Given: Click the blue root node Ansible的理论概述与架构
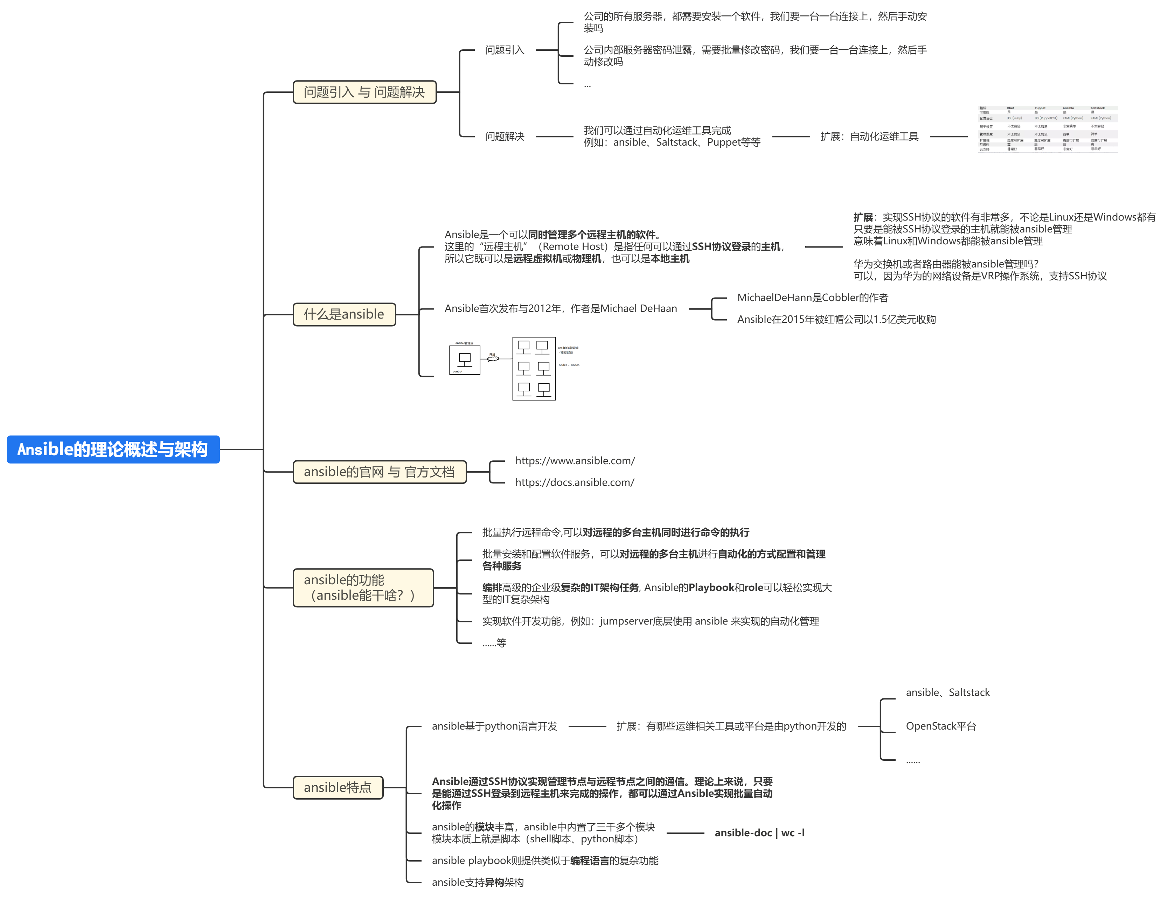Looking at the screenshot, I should coord(113,449).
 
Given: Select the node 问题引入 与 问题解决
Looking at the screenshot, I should coord(364,92).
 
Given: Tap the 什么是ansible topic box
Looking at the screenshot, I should coord(344,314).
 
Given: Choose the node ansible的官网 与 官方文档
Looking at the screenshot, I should coord(380,472).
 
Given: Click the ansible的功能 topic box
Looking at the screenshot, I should coord(363,587).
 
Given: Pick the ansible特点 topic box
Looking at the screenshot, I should coord(338,788).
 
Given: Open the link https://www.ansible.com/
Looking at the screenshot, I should coord(575,461).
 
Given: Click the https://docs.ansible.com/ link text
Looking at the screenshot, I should coord(575,483).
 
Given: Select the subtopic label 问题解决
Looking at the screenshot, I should coord(505,137).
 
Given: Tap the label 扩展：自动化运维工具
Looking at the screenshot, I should coord(869,137).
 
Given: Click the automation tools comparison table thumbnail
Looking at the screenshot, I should coord(1048,128).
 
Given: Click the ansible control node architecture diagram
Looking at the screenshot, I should coord(514,369).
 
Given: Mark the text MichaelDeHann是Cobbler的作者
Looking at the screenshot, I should coord(812,298).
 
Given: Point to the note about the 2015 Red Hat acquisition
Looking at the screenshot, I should coord(836,320).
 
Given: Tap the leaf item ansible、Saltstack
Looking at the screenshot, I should coord(948,692).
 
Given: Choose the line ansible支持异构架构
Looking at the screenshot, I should coord(477,883).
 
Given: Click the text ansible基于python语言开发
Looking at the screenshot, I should coord(494,726).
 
